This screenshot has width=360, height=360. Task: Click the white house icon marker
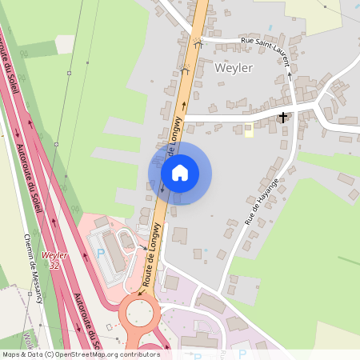point(180,173)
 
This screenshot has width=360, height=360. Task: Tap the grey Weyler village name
point(234,68)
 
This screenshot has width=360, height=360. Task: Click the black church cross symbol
point(282,118)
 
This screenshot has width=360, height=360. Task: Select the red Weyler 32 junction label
point(54,259)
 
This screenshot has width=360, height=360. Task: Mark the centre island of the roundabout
point(141,314)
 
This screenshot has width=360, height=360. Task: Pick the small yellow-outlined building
point(249,130)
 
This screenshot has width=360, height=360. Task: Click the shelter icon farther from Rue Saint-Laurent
point(186,70)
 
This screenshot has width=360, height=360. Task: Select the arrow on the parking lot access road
point(148,247)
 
